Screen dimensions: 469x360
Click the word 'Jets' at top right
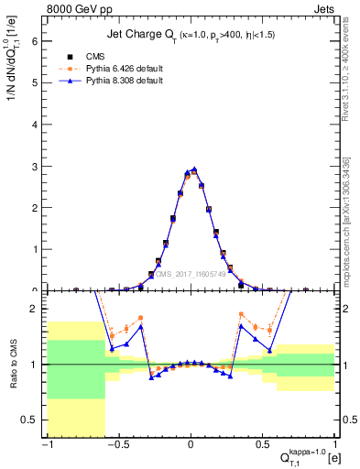tap(323, 8)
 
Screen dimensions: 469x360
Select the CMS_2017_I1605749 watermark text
tap(193, 273)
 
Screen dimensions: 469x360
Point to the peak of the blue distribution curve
tap(194, 169)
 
